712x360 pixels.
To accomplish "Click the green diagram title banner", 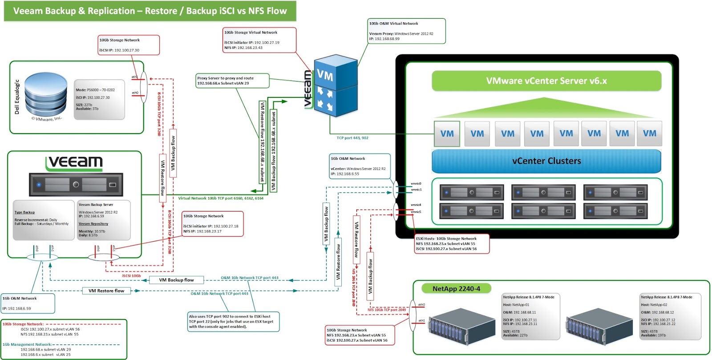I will click(x=150, y=11).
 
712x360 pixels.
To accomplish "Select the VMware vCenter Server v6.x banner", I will click(x=546, y=81).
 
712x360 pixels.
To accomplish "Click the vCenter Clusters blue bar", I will click(x=546, y=161).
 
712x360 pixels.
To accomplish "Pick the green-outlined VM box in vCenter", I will click(x=447, y=133).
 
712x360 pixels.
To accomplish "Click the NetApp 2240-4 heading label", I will click(x=456, y=289).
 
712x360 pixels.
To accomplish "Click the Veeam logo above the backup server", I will click(x=74, y=162).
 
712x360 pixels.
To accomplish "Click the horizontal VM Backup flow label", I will click(x=176, y=280).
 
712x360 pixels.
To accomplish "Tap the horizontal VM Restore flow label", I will click(x=106, y=291).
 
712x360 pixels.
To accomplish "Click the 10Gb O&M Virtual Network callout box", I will click(x=406, y=31).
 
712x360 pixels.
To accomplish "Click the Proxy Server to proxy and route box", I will click(x=232, y=81).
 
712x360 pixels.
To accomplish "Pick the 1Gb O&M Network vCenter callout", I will click(x=360, y=166).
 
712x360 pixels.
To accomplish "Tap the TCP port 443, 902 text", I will click(x=352, y=138).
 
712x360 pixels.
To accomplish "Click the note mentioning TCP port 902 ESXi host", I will click(x=233, y=321).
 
